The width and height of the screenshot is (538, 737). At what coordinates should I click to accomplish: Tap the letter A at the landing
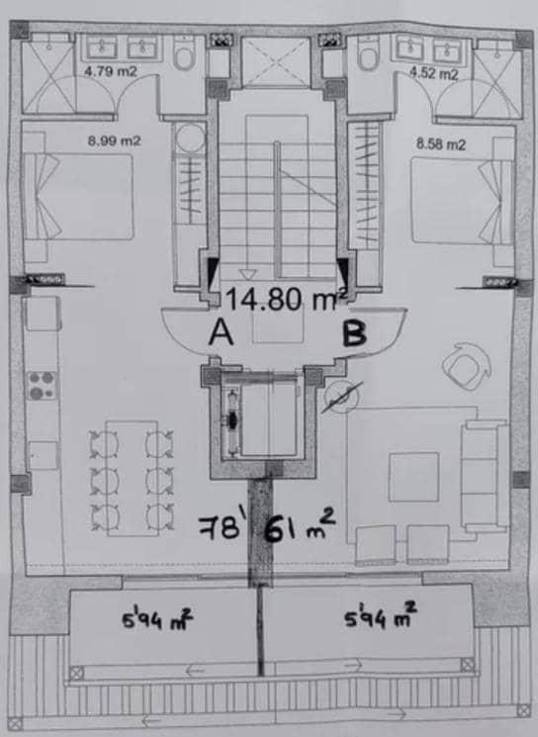tap(222, 335)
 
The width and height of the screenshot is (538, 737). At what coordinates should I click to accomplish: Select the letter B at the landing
tap(353, 334)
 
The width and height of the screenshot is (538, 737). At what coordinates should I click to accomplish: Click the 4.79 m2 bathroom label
tap(109, 72)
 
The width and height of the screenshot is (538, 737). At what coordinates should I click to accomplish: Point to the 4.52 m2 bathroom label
tap(435, 73)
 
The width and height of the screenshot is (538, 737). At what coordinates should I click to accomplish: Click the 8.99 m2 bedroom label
tap(115, 140)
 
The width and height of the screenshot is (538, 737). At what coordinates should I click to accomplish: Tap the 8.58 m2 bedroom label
tap(441, 143)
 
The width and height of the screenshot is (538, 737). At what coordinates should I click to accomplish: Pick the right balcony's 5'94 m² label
tap(380, 620)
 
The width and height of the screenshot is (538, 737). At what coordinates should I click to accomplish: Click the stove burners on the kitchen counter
tap(41, 384)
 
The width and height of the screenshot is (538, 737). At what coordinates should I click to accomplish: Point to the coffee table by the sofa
tap(412, 477)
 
